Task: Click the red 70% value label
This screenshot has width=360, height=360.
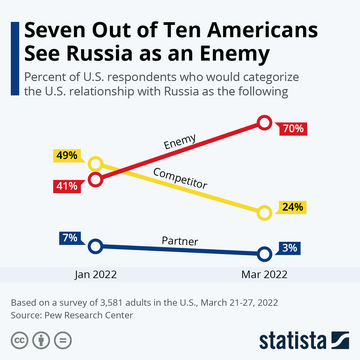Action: point(293,129)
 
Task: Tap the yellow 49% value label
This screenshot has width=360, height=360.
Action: point(67,155)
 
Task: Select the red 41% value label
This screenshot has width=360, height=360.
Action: point(67,186)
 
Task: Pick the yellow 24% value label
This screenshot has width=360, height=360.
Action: point(292,207)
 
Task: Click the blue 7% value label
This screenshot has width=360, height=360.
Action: point(70,238)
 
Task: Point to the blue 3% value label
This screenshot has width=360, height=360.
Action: point(289,248)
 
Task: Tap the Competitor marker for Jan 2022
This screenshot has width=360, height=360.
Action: point(95,164)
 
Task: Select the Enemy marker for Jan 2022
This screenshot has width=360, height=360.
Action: point(95,180)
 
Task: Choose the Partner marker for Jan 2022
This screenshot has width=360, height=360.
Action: point(95,246)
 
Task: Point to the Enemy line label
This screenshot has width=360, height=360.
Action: point(180,142)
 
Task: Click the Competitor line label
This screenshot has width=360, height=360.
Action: point(180,178)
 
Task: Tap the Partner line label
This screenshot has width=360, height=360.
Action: point(180,241)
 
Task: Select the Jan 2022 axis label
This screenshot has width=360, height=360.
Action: point(96,274)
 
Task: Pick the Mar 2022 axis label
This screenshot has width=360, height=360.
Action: point(264,274)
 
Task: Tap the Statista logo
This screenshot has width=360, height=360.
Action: point(304,340)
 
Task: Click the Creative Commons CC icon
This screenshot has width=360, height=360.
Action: point(19,340)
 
